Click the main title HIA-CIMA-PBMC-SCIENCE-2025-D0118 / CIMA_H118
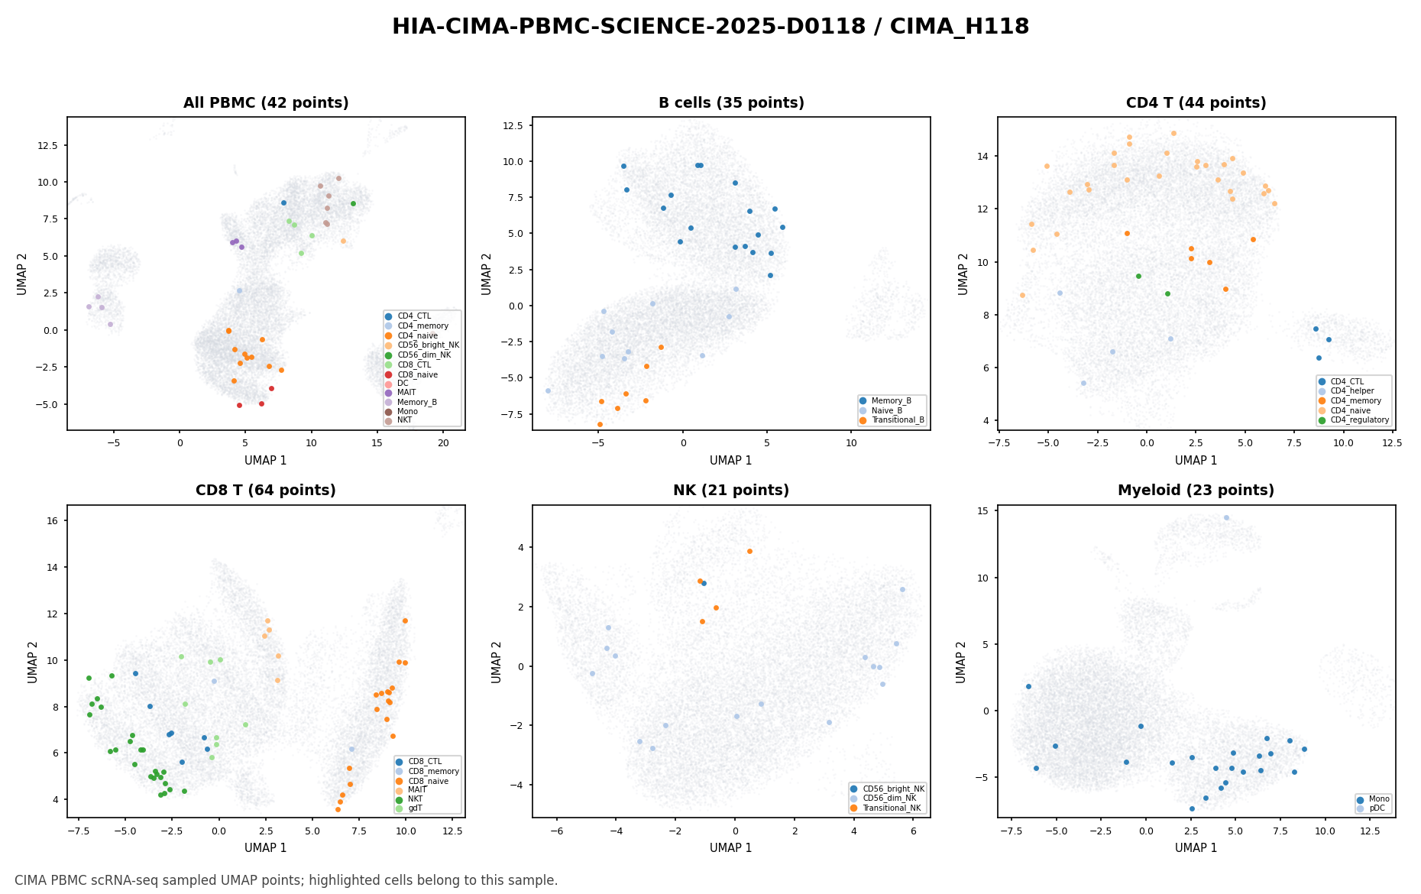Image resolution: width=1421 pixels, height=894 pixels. tap(710, 27)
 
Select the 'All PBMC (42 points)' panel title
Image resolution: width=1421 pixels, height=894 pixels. tap(266, 103)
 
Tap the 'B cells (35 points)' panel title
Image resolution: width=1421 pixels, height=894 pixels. tap(731, 103)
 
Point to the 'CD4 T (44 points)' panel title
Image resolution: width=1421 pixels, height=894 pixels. tap(1196, 103)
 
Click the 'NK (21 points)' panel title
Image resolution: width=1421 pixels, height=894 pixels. tap(731, 491)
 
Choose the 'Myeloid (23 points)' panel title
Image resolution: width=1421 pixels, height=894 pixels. tap(1196, 491)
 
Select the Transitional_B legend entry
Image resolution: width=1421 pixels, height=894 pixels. tap(892, 420)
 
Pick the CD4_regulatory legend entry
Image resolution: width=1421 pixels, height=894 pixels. tap(1353, 420)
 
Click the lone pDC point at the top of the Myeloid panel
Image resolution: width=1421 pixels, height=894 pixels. tap(1226, 517)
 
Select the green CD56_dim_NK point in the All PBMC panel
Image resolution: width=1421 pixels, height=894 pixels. tap(353, 203)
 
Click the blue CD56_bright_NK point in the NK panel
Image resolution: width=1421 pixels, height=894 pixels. tap(704, 583)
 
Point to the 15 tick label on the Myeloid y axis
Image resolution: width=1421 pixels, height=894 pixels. tap(983, 510)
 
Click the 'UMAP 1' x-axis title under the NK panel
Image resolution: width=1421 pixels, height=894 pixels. tap(731, 848)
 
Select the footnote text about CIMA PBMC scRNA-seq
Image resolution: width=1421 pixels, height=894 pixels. tap(286, 880)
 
